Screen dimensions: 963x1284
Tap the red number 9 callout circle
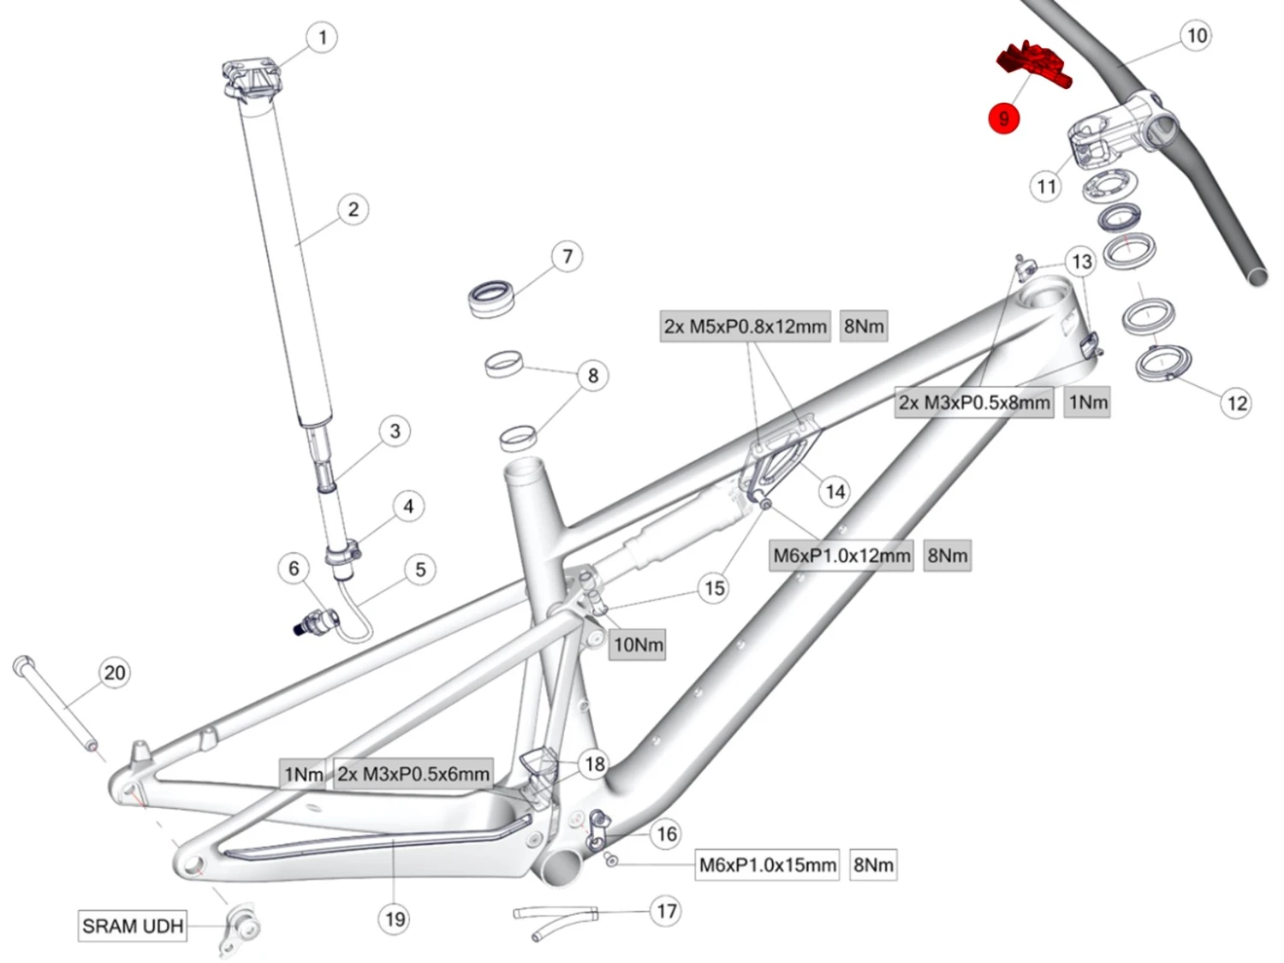pyautogui.click(x=1003, y=118)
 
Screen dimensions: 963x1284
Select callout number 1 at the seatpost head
pyautogui.click(x=322, y=38)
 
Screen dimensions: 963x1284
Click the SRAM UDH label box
pyautogui.click(x=133, y=925)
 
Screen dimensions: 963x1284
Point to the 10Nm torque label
pyautogui.click(x=638, y=645)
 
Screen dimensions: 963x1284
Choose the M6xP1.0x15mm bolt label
pyautogui.click(x=768, y=865)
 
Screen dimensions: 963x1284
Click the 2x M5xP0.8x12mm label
pyautogui.click(x=745, y=326)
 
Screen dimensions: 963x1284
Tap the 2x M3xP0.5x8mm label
pyautogui.click(x=974, y=402)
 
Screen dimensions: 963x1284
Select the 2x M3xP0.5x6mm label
pyautogui.click(x=413, y=774)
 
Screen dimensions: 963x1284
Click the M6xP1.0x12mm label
pyautogui.click(x=841, y=556)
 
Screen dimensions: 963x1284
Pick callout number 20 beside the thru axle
pyautogui.click(x=115, y=673)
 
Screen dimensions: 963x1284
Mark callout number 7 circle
pyautogui.click(x=567, y=256)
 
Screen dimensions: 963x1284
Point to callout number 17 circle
pyautogui.click(x=666, y=911)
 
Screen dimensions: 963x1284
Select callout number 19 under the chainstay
pyautogui.click(x=395, y=919)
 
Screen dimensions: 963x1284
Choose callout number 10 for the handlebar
pyautogui.click(x=1197, y=36)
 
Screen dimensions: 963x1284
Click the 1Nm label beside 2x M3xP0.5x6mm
pyautogui.click(x=304, y=774)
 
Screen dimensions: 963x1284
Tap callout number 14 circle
pyautogui.click(x=835, y=491)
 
